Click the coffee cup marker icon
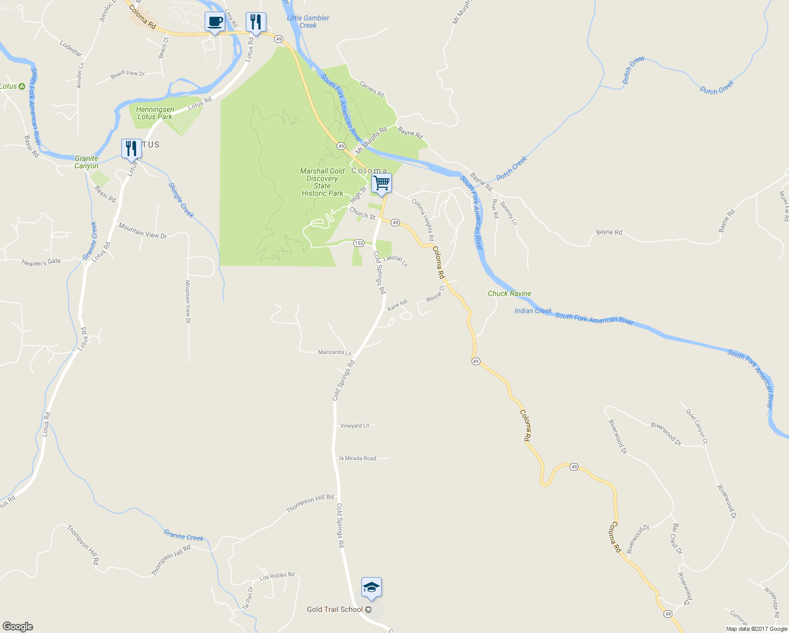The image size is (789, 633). click(x=215, y=22)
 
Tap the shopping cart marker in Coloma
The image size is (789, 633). click(x=381, y=184)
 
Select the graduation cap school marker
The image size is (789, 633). click(x=371, y=588)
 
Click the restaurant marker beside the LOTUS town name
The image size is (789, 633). click(x=131, y=149)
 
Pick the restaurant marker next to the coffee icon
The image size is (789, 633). click(x=256, y=22)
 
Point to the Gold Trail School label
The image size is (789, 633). click(x=335, y=609)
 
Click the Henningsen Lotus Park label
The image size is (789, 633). click(x=155, y=113)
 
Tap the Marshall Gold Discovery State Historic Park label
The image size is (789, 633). click(x=322, y=182)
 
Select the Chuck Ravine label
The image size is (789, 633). click(x=509, y=293)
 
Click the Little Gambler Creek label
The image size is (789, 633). click(x=308, y=22)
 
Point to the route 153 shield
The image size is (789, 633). click(x=359, y=243)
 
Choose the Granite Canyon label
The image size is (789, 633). click(x=86, y=162)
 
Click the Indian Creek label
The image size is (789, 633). click(x=533, y=311)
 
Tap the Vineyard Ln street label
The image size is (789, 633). click(x=355, y=426)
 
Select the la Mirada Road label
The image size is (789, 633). click(x=358, y=458)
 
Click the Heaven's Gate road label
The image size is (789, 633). click(x=41, y=262)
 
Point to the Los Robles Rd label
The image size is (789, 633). click(x=277, y=576)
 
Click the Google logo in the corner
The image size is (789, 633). click(x=18, y=627)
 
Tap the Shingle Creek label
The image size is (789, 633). click(x=181, y=200)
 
